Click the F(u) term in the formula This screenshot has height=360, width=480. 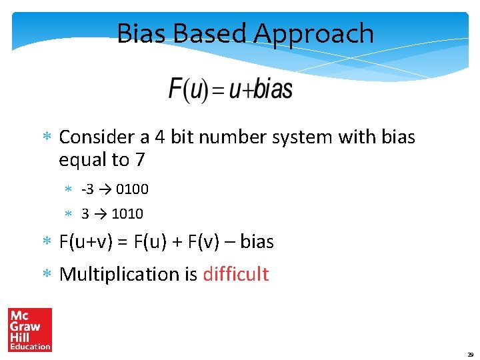click(189, 89)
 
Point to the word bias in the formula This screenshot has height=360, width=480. click(273, 89)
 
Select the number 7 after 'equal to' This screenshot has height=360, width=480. click(139, 160)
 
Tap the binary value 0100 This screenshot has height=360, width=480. click(132, 189)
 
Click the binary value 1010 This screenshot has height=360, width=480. click(127, 214)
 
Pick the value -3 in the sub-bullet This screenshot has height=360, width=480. click(88, 189)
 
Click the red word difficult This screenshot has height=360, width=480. click(235, 274)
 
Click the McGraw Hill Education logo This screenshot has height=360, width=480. click(30, 329)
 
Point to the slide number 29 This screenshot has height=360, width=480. click(471, 355)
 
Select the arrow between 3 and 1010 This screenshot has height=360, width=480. click(101, 214)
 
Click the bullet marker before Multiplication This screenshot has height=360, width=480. click(47, 274)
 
